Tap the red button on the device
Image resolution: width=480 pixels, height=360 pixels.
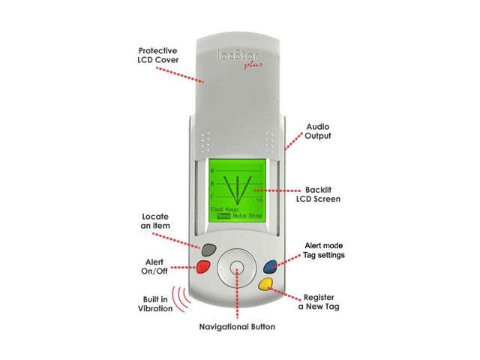202,267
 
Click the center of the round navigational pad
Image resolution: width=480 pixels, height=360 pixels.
236,268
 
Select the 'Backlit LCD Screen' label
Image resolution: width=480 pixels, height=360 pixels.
318,194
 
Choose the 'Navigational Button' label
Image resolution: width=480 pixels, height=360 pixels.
236,327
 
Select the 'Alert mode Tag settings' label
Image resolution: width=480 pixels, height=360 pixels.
324,250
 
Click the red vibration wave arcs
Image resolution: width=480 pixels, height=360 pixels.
180,299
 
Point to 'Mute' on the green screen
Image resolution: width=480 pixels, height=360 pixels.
239,216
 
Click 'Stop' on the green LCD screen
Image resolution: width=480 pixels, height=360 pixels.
255,216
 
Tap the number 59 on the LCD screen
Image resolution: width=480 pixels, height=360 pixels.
259,201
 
